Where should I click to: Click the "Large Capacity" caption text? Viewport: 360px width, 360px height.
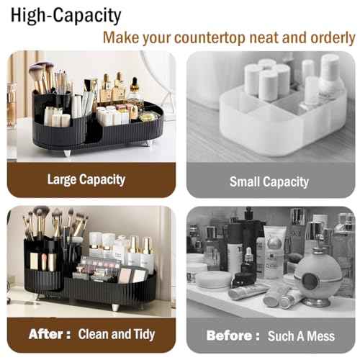[x=86, y=179]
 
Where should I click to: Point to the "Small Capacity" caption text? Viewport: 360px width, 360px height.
[x=269, y=181]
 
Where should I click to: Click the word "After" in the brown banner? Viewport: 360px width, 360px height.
[x=48, y=334]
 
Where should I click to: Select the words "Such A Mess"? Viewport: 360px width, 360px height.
[x=300, y=336]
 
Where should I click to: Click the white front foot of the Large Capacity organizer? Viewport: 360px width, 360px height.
[x=66, y=152]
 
